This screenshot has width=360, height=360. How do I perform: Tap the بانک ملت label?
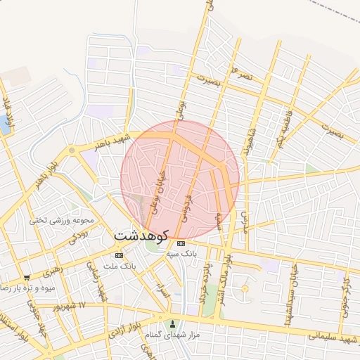coord(119,266)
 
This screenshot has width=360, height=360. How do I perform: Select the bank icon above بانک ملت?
coord(119,255)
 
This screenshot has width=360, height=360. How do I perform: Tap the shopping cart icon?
coord(27,278)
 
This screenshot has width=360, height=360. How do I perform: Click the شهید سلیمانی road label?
coord(323,342)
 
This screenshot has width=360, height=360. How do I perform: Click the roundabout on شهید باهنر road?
coord(72,150)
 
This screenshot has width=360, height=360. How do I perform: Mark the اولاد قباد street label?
coord(9,111)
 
